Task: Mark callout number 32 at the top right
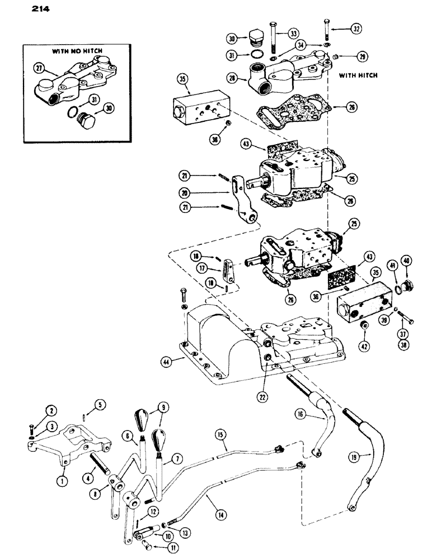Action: click(356, 27)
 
